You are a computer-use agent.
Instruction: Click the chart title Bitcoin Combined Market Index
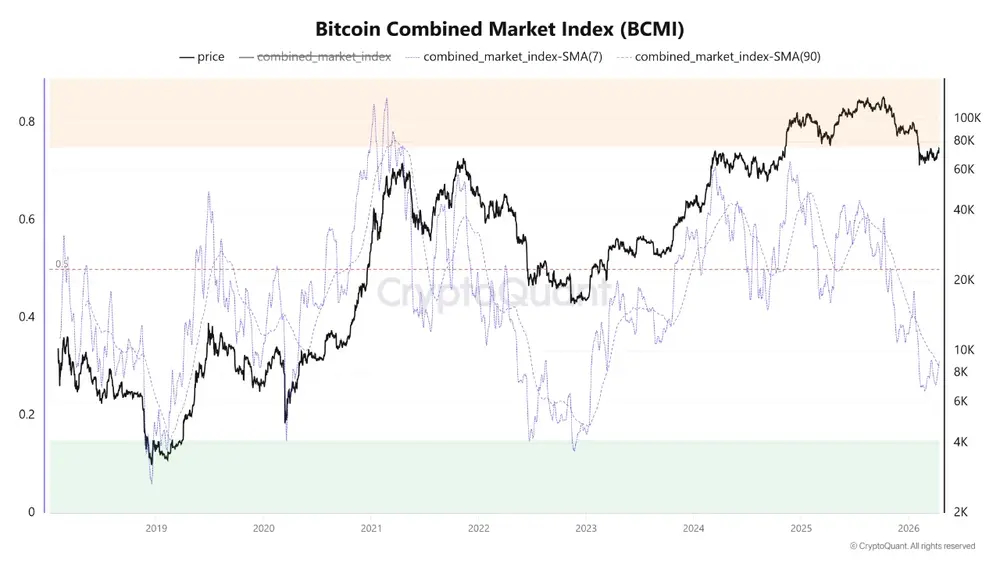click(x=499, y=29)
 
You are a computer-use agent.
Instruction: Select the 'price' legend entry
click(x=202, y=57)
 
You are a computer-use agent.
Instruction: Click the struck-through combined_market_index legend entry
click(x=315, y=57)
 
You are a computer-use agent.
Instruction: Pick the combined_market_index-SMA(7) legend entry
click(x=504, y=57)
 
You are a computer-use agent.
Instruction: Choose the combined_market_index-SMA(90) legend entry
click(x=719, y=57)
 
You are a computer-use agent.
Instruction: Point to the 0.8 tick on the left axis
click(x=27, y=122)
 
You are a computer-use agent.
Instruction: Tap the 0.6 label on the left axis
click(x=27, y=219)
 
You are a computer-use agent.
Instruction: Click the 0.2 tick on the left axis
click(x=27, y=414)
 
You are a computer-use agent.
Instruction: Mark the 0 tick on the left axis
click(x=31, y=512)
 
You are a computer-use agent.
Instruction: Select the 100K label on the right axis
click(x=967, y=118)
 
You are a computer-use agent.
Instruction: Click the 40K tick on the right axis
click(x=964, y=210)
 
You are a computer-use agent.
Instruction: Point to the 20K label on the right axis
click(x=964, y=280)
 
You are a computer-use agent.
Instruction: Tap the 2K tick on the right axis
click(x=960, y=512)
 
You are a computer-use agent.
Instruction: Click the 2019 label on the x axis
click(x=156, y=529)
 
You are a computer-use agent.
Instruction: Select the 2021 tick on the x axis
click(x=371, y=529)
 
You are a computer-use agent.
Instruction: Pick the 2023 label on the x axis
click(x=586, y=529)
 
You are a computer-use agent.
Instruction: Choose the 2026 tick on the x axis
click(x=909, y=529)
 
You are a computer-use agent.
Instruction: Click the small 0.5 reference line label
click(x=61, y=264)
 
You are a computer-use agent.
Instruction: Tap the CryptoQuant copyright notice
click(x=913, y=546)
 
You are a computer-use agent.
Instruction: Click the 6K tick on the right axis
click(x=960, y=401)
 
